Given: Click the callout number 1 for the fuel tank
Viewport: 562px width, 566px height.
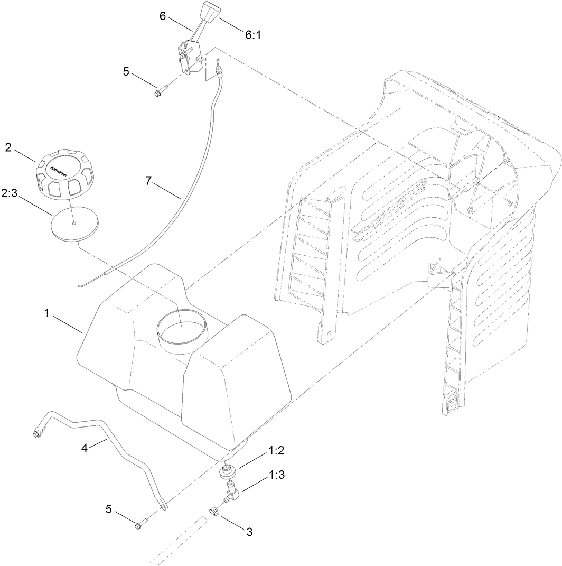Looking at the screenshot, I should (x=47, y=313).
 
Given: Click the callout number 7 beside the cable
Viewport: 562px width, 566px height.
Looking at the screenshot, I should (x=148, y=181).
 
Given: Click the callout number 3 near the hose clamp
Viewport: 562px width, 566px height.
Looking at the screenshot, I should (x=249, y=532).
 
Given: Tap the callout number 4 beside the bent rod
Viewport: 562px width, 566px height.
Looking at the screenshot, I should (x=84, y=448).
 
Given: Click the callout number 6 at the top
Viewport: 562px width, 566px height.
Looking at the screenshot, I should (x=163, y=16).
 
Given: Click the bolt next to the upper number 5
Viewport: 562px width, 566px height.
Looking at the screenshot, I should (x=158, y=92).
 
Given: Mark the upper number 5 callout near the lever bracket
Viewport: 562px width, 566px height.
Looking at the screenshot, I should (x=126, y=70).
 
